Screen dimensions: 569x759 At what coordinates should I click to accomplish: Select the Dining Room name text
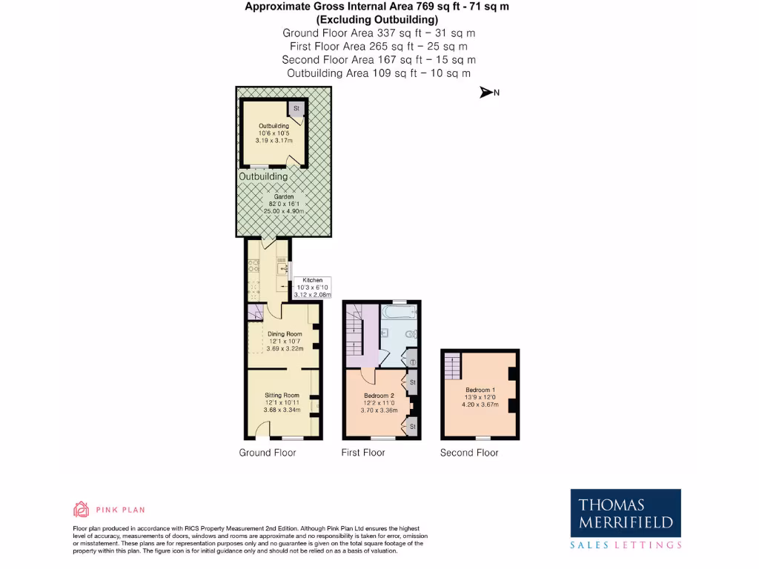point(285,334)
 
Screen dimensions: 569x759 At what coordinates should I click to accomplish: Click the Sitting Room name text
point(282,396)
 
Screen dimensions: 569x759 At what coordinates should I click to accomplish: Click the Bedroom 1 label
point(480,390)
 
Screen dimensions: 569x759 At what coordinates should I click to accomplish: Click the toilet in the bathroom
point(408,334)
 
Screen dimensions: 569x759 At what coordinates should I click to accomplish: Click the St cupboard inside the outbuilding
point(296,109)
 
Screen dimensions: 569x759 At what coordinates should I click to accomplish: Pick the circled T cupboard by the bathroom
point(412,362)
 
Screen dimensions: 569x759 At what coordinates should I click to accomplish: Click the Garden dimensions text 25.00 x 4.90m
point(284,211)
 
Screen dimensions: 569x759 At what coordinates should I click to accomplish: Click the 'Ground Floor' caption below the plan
point(267,453)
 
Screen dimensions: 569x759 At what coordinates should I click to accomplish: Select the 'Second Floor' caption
point(469,453)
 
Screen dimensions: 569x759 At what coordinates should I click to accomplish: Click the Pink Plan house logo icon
point(81,509)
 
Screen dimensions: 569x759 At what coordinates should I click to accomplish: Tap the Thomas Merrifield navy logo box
point(626,513)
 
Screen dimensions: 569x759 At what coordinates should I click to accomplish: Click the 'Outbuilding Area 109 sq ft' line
point(379,73)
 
